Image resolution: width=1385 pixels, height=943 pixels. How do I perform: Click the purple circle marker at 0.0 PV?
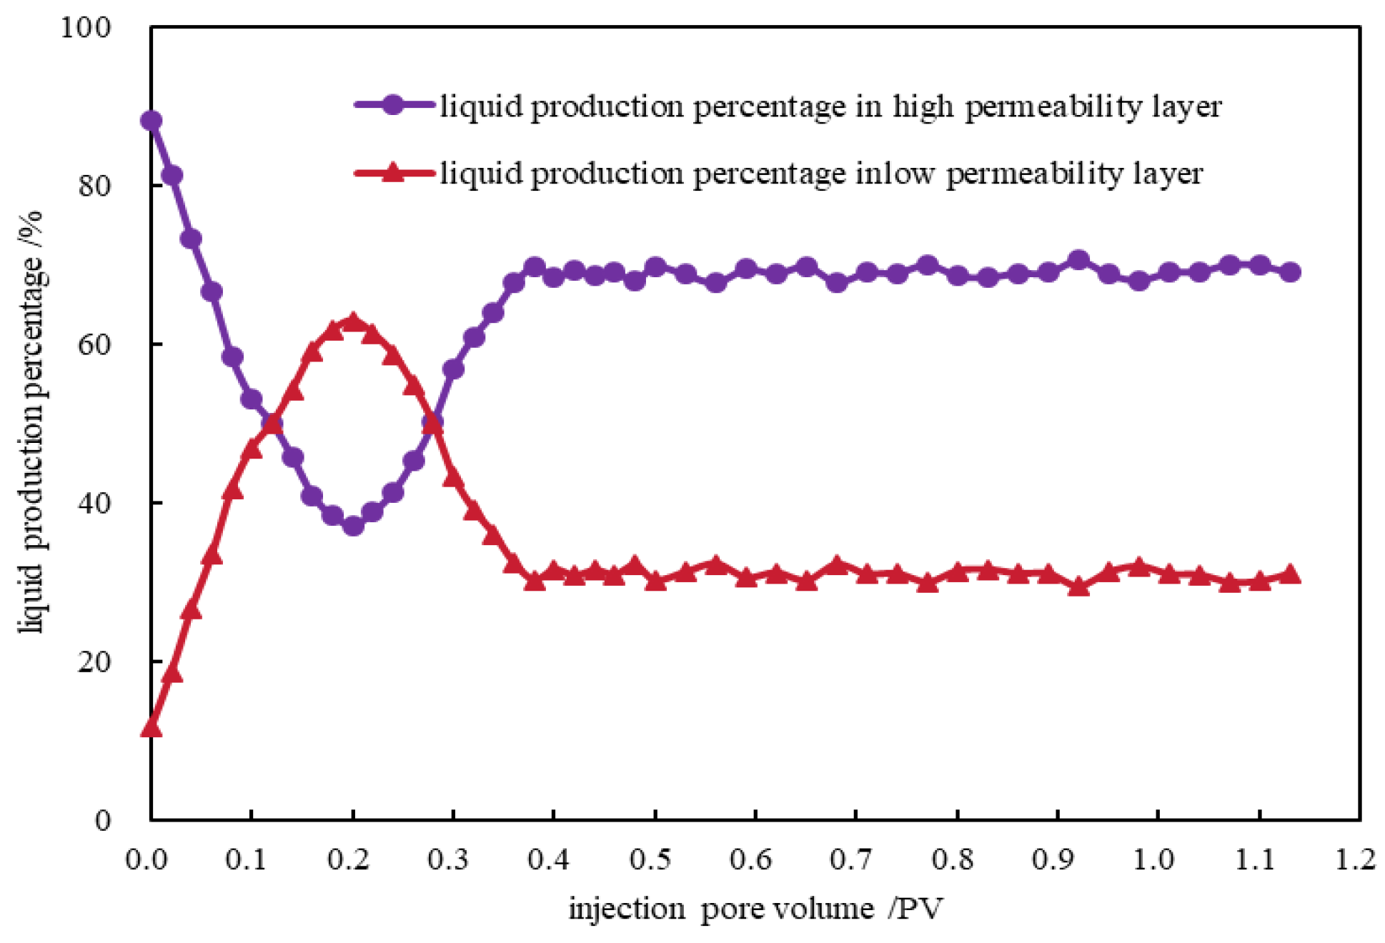[x=151, y=121]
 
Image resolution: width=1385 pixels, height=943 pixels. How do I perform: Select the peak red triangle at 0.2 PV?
[x=352, y=321]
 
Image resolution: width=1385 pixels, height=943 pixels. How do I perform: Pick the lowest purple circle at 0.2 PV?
[x=352, y=526]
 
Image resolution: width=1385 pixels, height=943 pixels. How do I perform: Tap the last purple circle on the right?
[x=1290, y=272]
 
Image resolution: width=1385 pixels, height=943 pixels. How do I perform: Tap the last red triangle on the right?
[x=1290, y=574]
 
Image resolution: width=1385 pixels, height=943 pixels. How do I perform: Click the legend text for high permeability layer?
[x=830, y=107]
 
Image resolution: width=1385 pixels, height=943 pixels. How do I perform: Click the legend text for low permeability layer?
[x=820, y=174]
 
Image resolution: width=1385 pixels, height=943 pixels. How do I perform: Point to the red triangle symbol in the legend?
[x=393, y=172]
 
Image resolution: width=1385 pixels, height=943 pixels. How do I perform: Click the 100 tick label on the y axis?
[x=86, y=28]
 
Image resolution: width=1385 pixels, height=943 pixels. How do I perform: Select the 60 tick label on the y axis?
[x=94, y=345]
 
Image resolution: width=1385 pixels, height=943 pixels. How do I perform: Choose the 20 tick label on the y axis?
[x=94, y=662]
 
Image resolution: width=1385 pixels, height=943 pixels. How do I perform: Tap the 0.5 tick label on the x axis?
[x=650, y=858]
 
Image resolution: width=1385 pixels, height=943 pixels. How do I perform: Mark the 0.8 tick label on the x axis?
[x=953, y=858]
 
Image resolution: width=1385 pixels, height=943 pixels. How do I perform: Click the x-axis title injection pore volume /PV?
[x=755, y=909]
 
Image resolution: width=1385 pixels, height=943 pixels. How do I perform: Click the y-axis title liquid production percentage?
[x=31, y=421]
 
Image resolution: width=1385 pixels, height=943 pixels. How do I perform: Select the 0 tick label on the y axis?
[x=103, y=820]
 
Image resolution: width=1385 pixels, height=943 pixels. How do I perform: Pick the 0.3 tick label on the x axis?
[x=449, y=858]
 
